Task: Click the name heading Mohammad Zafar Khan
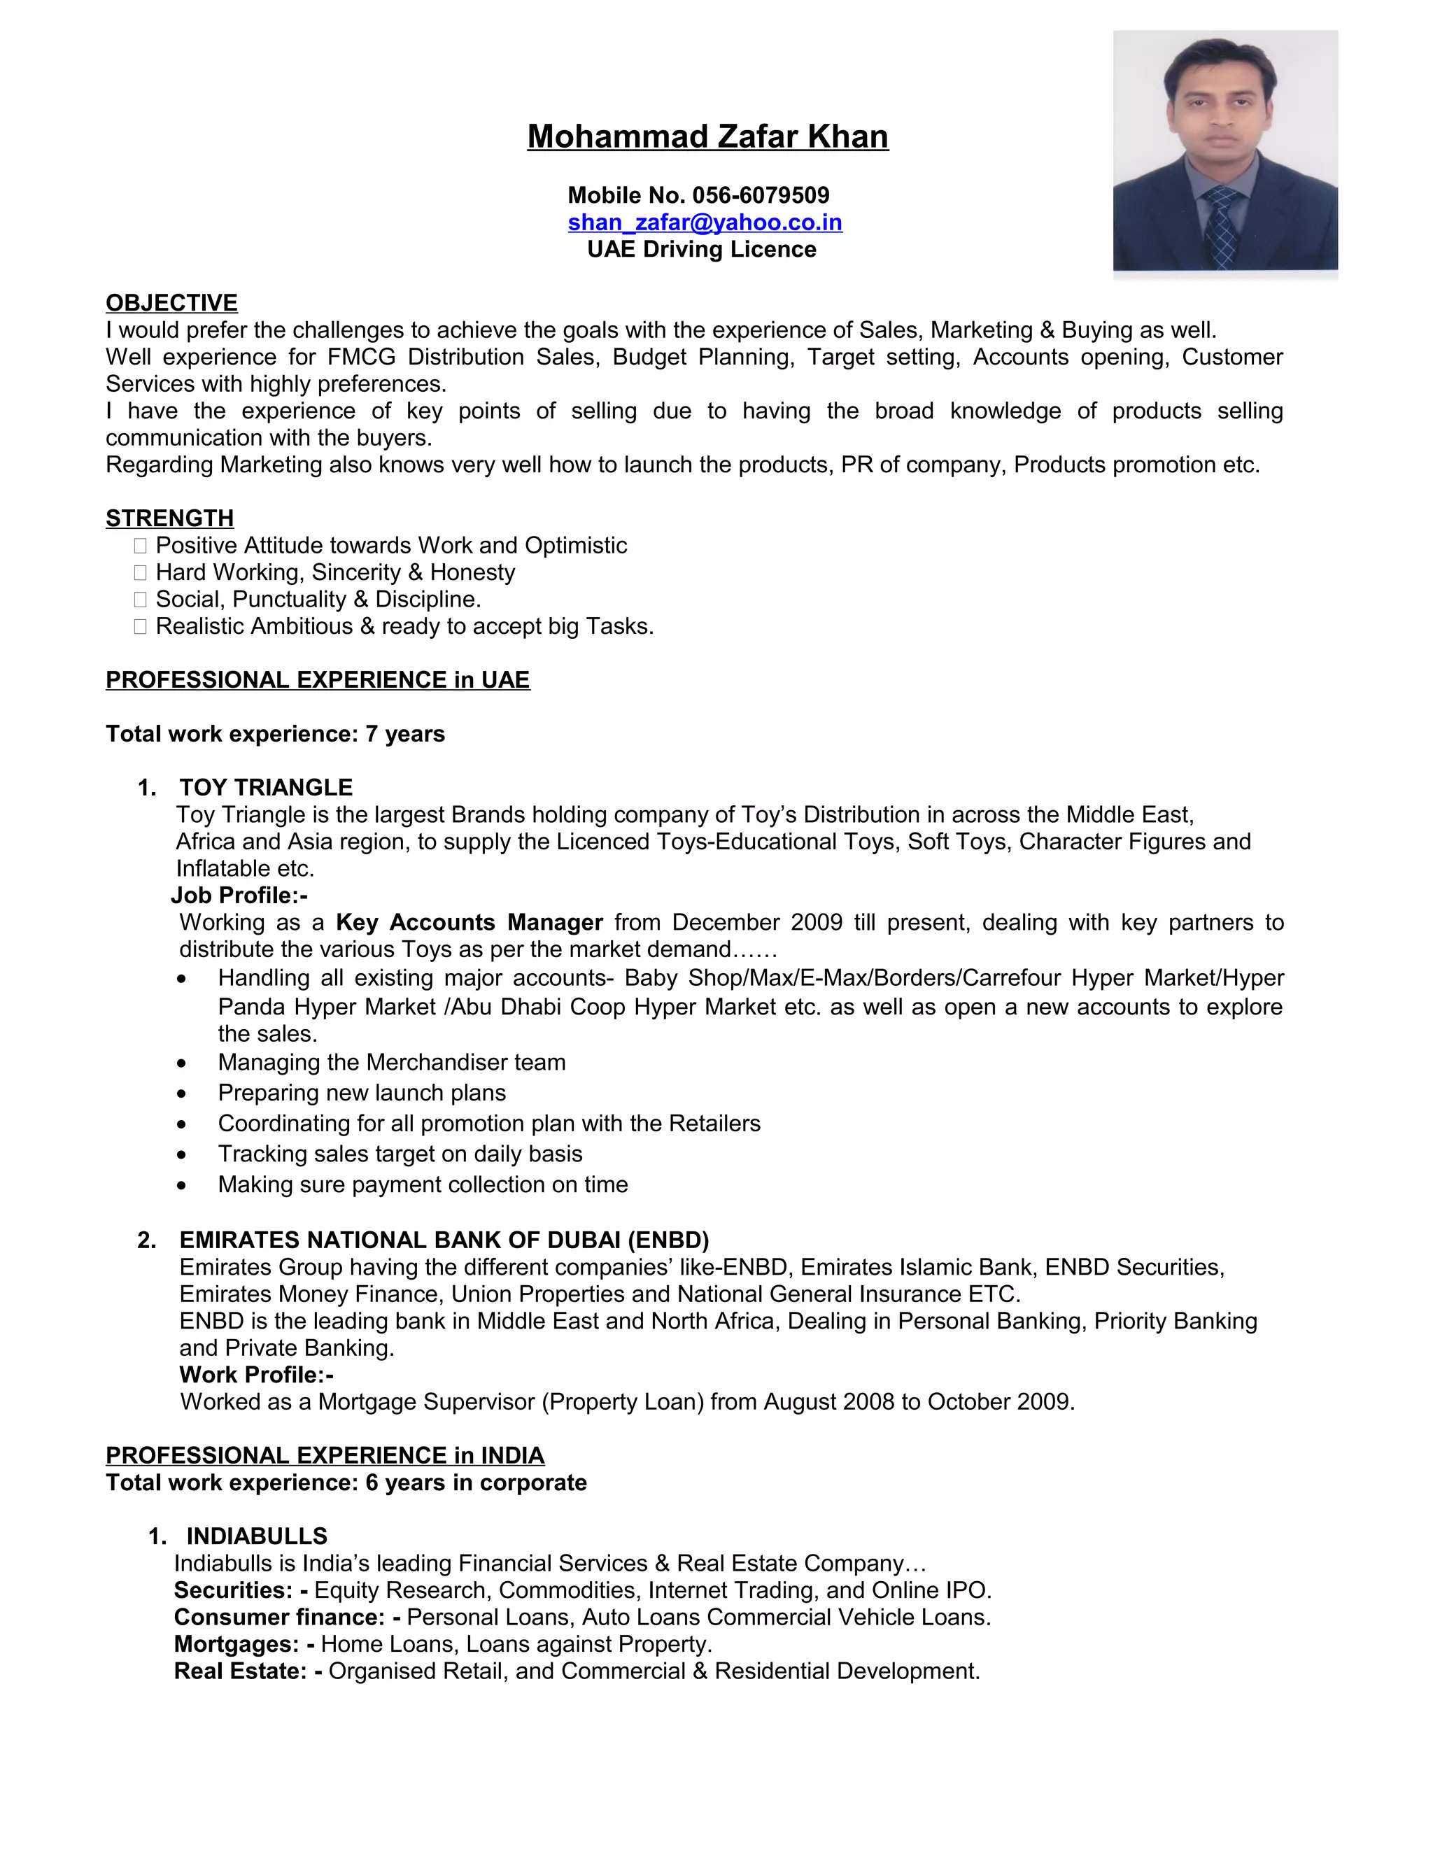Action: pyautogui.click(x=707, y=136)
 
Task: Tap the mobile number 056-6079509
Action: pyautogui.click(x=761, y=195)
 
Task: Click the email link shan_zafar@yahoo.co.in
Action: pyautogui.click(x=705, y=222)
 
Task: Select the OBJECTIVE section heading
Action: pyautogui.click(x=171, y=303)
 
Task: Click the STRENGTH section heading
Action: pyautogui.click(x=170, y=518)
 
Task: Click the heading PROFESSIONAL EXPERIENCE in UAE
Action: pyautogui.click(x=318, y=680)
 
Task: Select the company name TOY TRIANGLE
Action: pyautogui.click(x=266, y=788)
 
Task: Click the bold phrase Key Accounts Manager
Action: pyautogui.click(x=470, y=923)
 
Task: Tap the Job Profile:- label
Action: pyautogui.click(x=239, y=896)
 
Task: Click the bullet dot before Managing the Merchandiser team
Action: pyautogui.click(x=182, y=1063)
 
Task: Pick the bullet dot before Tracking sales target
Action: pyautogui.click(x=182, y=1155)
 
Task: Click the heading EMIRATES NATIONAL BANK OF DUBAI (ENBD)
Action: pyautogui.click(x=444, y=1240)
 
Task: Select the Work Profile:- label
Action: pyautogui.click(x=256, y=1375)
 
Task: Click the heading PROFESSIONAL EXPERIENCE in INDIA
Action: pyautogui.click(x=325, y=1456)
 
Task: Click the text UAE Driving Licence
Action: pyautogui.click(x=701, y=250)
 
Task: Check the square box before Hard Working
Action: pyautogui.click(x=140, y=574)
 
